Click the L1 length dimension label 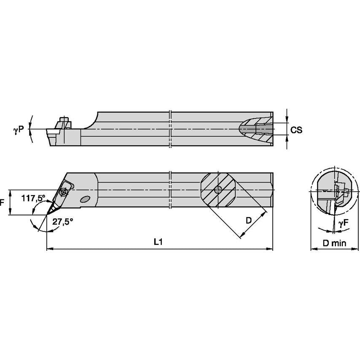tap(158, 242)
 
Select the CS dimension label tap(296, 130)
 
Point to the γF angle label tap(344, 223)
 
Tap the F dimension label tap(2, 202)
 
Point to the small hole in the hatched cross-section tap(218, 190)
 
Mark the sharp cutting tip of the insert tap(47, 215)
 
